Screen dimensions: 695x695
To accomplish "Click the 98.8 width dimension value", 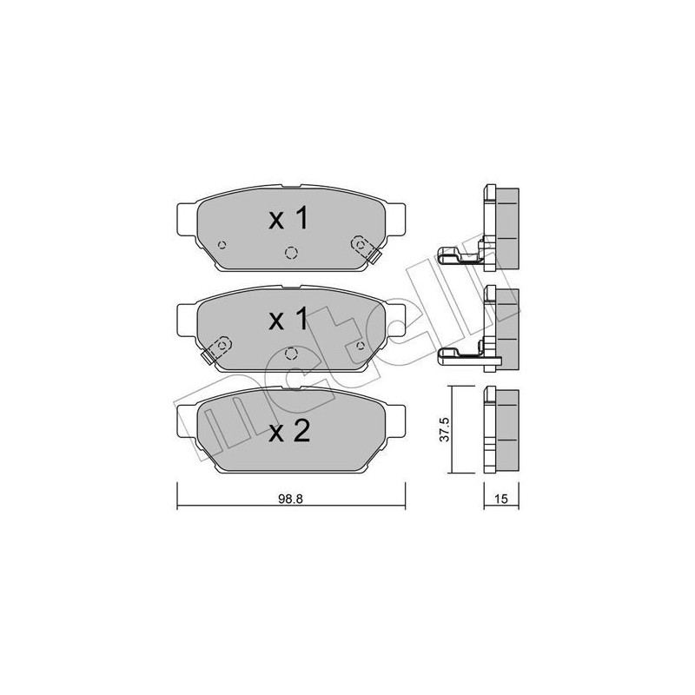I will point(290,500).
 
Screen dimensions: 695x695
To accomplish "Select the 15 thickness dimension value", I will point(501,500).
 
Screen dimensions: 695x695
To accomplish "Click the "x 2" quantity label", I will point(289,432).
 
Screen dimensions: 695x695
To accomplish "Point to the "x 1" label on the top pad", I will point(288,220).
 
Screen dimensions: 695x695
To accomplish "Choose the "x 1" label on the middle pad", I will point(288,320).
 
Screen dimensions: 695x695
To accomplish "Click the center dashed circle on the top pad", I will point(290,252).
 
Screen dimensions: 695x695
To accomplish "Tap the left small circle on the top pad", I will point(222,244).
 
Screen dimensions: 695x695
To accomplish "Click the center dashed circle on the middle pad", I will point(290,353).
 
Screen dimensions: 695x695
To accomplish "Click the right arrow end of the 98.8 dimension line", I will point(404,506).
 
